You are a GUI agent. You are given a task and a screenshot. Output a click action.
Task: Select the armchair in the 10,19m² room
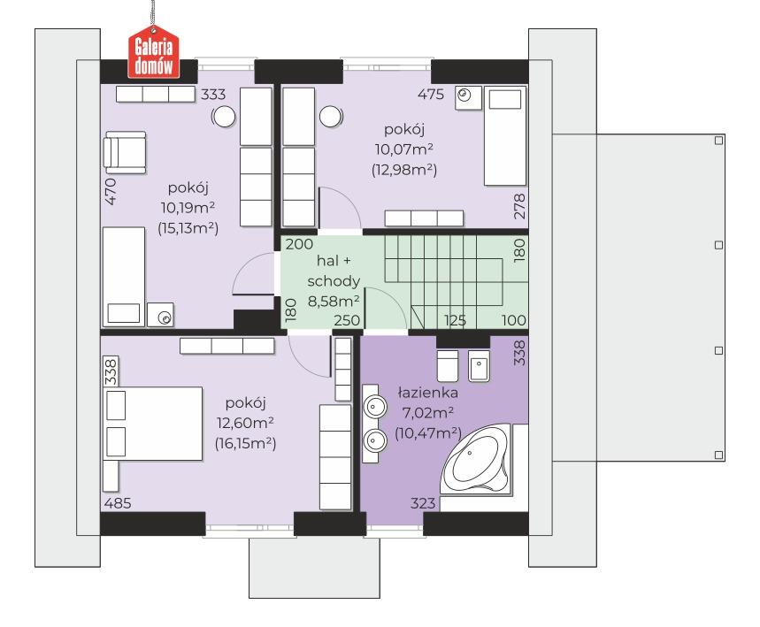point(125,151)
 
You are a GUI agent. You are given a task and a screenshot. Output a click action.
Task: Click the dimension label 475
point(430,94)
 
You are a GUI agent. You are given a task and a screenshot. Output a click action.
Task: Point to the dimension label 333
point(213,94)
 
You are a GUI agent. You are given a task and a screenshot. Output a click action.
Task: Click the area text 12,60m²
point(245,423)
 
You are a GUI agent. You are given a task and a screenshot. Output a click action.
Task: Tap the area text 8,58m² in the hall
point(334,301)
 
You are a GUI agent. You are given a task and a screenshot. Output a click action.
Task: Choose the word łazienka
point(427,393)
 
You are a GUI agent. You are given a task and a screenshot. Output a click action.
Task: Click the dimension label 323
point(423,503)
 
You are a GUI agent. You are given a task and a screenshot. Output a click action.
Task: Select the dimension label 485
point(118,503)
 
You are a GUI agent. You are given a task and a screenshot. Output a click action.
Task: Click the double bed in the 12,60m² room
point(153,423)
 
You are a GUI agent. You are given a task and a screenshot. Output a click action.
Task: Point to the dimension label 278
point(519,206)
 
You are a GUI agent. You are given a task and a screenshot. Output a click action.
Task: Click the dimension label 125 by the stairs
point(455,320)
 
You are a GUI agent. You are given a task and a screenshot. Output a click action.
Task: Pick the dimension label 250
point(347,320)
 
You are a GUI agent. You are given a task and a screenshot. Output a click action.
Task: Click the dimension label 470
point(111,192)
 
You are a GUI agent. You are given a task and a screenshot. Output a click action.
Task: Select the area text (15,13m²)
point(188,228)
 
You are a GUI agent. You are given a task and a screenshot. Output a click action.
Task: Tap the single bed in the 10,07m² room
point(505,136)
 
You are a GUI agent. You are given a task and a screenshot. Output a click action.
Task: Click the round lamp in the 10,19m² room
point(225,117)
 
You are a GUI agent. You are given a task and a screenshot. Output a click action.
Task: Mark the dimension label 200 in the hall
point(299,244)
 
